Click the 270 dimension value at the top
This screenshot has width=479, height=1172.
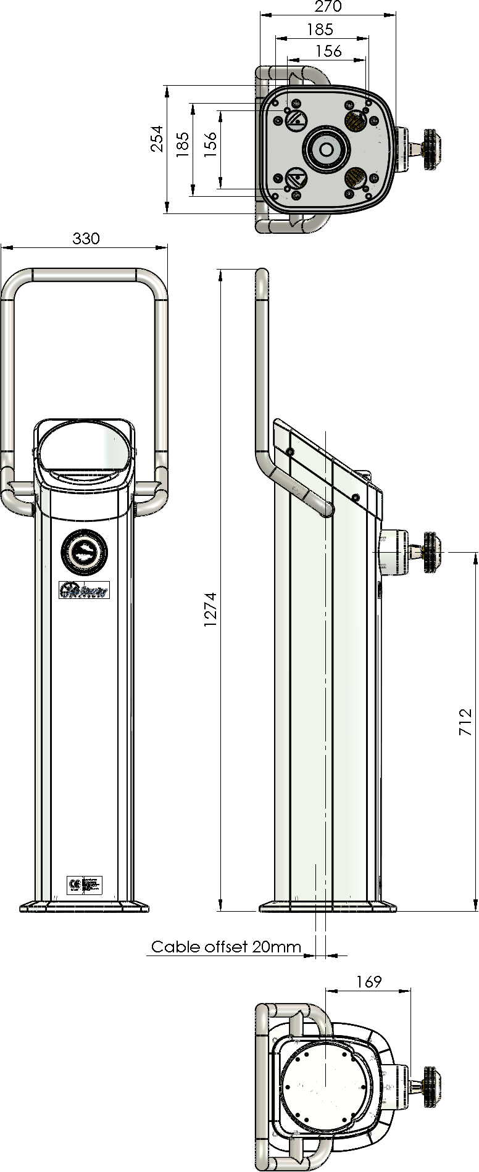point(328,7)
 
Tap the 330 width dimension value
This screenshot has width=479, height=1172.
point(86,238)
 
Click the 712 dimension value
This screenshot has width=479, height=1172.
point(466,722)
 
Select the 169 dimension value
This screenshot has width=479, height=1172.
point(369,981)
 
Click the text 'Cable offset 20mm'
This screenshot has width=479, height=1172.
point(226,947)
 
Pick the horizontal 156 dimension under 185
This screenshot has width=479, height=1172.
point(328,51)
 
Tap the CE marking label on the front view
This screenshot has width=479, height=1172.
point(84,885)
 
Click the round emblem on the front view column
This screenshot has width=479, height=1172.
point(84,550)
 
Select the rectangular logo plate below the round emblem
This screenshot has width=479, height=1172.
point(84,590)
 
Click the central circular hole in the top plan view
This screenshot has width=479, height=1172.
point(325,149)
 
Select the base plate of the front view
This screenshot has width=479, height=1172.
point(84,907)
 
